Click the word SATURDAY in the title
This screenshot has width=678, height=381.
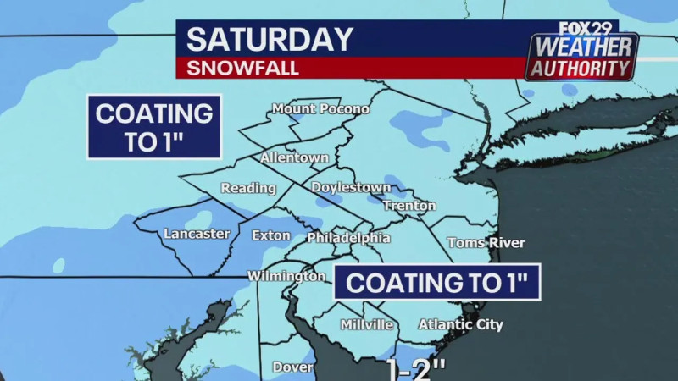pos(270,40)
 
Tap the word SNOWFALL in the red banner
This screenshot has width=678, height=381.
pos(243,69)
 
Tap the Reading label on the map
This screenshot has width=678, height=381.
pos(248,188)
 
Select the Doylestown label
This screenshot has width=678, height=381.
pos(351,187)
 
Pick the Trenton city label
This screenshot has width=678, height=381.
pos(409,206)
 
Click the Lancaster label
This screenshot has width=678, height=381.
pos(197,234)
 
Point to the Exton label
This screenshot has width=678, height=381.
pos(271,235)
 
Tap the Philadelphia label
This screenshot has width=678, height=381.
pos(348,238)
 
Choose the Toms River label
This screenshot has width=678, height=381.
pos(486,243)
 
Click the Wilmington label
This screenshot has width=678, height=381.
pos(286,276)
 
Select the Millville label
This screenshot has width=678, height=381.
pos(366,325)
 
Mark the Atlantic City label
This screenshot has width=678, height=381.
pos(461,325)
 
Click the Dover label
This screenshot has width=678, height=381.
pos(292,367)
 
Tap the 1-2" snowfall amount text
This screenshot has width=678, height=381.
pos(415,371)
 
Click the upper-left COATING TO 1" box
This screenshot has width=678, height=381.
pos(153,127)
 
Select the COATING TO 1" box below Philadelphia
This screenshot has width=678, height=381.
pos(436,283)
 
